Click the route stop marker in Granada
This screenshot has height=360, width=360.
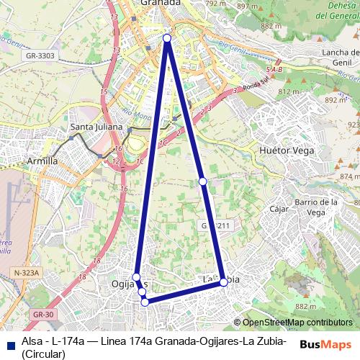point(167,38)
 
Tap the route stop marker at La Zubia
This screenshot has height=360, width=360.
point(224,282)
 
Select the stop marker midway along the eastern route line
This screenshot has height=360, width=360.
point(203,181)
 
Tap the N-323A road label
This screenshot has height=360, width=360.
point(26,273)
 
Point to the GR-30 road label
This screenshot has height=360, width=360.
point(43,315)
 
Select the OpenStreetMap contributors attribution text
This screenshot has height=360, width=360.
point(297,323)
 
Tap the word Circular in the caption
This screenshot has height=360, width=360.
point(44,354)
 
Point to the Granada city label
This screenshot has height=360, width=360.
point(160,4)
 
